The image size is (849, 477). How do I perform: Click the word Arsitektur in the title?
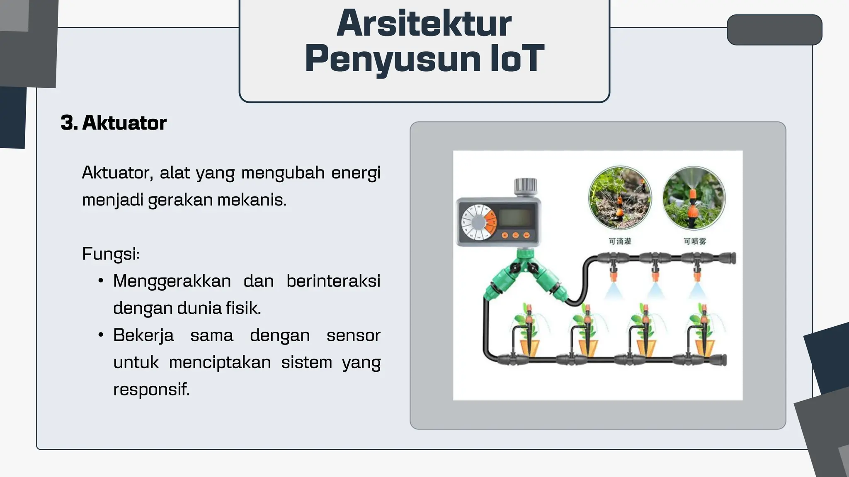click(424, 24)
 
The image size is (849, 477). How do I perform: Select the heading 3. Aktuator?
click(114, 123)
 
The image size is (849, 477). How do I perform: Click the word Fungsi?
click(110, 253)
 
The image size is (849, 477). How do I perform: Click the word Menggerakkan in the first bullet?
click(172, 281)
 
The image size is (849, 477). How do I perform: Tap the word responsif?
click(151, 389)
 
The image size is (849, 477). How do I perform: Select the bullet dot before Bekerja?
click(101, 335)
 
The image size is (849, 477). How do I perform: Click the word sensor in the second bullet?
click(353, 335)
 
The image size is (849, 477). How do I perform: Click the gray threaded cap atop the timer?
click(525, 186)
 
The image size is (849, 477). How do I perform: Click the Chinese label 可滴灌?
click(620, 241)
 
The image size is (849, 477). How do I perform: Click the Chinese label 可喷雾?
click(695, 241)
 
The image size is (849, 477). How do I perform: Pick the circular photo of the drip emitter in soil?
click(620, 198)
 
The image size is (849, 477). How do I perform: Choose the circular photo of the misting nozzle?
click(694, 198)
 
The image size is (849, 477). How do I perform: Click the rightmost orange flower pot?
click(703, 347)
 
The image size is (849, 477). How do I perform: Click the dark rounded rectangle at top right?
click(774, 30)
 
